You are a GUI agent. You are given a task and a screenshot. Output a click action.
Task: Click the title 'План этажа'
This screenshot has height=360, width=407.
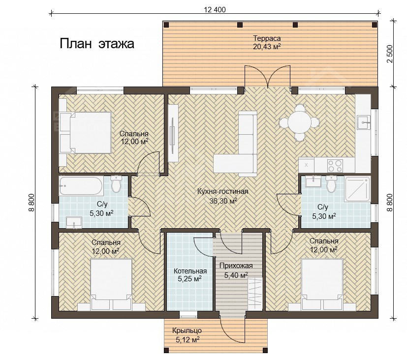pos(97,44)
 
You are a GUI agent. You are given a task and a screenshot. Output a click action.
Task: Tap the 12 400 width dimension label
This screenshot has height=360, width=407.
pos(215,10)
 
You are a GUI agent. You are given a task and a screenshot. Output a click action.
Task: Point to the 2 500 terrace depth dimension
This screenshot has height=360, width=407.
pos(390,54)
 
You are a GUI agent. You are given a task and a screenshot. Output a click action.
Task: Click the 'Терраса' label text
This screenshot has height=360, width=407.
pos(267,38)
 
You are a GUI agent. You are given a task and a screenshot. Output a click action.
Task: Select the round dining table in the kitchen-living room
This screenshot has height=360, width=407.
pos(299,122)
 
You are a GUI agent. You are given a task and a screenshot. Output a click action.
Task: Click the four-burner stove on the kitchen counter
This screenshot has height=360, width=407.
pos(335,165)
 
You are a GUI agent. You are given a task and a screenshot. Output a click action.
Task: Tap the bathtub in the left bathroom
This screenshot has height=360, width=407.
pos(81,185)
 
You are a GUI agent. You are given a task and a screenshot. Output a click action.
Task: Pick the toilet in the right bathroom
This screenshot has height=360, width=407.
pos(331,183)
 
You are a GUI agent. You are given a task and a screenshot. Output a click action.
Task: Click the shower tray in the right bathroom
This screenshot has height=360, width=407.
pos(357,189)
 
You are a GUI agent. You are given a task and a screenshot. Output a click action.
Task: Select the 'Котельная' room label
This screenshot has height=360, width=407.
pos(190,271)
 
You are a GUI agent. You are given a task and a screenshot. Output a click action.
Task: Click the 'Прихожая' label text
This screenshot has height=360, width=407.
pos(236,266)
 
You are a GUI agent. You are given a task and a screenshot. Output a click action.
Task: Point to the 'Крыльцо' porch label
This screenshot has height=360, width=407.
pos(187,330)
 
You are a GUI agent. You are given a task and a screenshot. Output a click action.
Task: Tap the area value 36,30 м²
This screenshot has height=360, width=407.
pos(223,201)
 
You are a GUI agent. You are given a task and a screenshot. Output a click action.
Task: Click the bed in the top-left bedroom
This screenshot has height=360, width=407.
pos(85,132)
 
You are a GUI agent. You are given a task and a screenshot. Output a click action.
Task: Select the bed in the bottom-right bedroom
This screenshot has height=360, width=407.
pos(322,284)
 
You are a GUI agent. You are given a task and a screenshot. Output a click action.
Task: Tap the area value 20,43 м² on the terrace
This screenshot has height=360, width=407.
pos(267,47)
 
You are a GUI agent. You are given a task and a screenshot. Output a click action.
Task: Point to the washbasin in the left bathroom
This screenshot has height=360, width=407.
pos(74,223)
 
